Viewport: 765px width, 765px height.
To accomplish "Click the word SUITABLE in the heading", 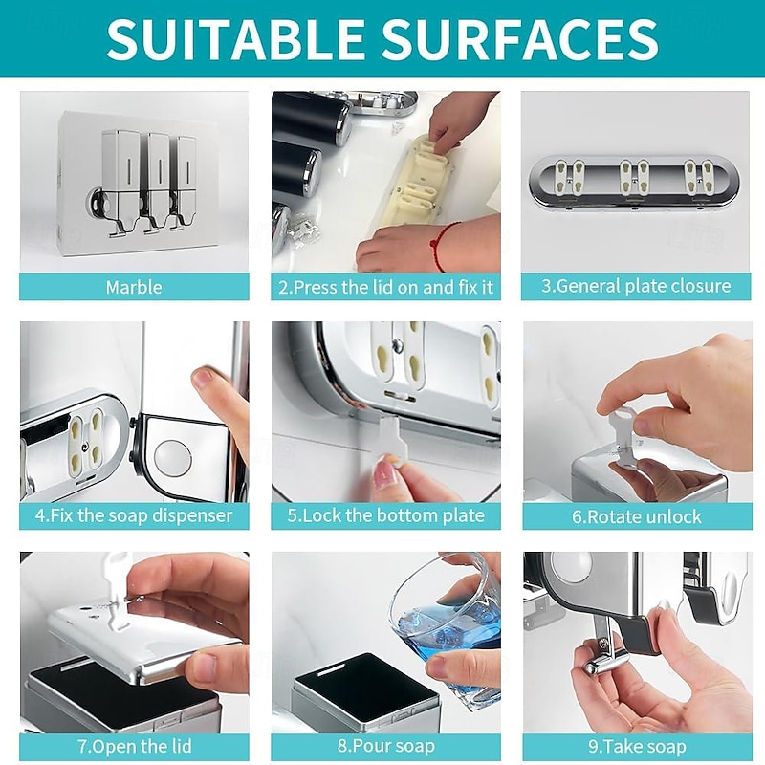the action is click(235, 38).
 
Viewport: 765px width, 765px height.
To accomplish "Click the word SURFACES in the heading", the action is click(520, 38).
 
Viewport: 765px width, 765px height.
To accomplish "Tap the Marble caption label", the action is click(134, 287).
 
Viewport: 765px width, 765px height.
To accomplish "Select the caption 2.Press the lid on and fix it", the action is click(386, 287).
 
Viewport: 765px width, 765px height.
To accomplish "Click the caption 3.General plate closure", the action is click(636, 286).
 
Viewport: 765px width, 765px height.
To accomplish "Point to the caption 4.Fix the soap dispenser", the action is click(134, 515).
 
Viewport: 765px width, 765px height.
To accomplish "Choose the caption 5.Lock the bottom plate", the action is click(386, 515).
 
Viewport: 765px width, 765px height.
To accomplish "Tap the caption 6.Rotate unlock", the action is click(637, 516).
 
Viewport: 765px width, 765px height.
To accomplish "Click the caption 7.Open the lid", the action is click(134, 747).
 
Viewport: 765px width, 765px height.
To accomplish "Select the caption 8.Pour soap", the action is click(386, 746).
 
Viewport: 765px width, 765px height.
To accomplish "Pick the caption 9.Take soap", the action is click(637, 747).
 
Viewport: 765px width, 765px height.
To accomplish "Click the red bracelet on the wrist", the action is click(442, 244).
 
